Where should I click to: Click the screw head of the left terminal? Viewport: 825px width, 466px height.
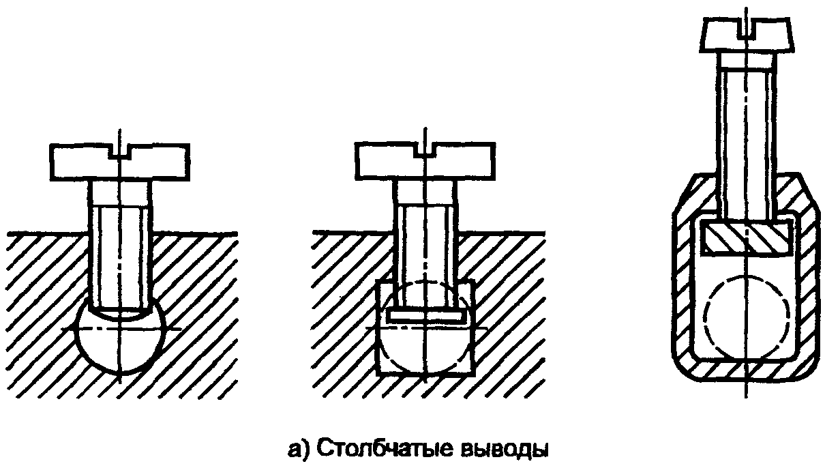(x=89, y=162)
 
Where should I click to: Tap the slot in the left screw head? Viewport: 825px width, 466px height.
(x=121, y=151)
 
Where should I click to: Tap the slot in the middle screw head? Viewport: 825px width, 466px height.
(x=425, y=151)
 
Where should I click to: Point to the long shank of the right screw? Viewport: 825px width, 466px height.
(x=747, y=136)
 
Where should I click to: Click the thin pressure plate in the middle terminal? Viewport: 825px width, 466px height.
(x=425, y=316)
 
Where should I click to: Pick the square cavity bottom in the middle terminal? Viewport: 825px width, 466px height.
(x=425, y=355)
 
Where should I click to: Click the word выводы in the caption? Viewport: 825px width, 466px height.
(x=504, y=450)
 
